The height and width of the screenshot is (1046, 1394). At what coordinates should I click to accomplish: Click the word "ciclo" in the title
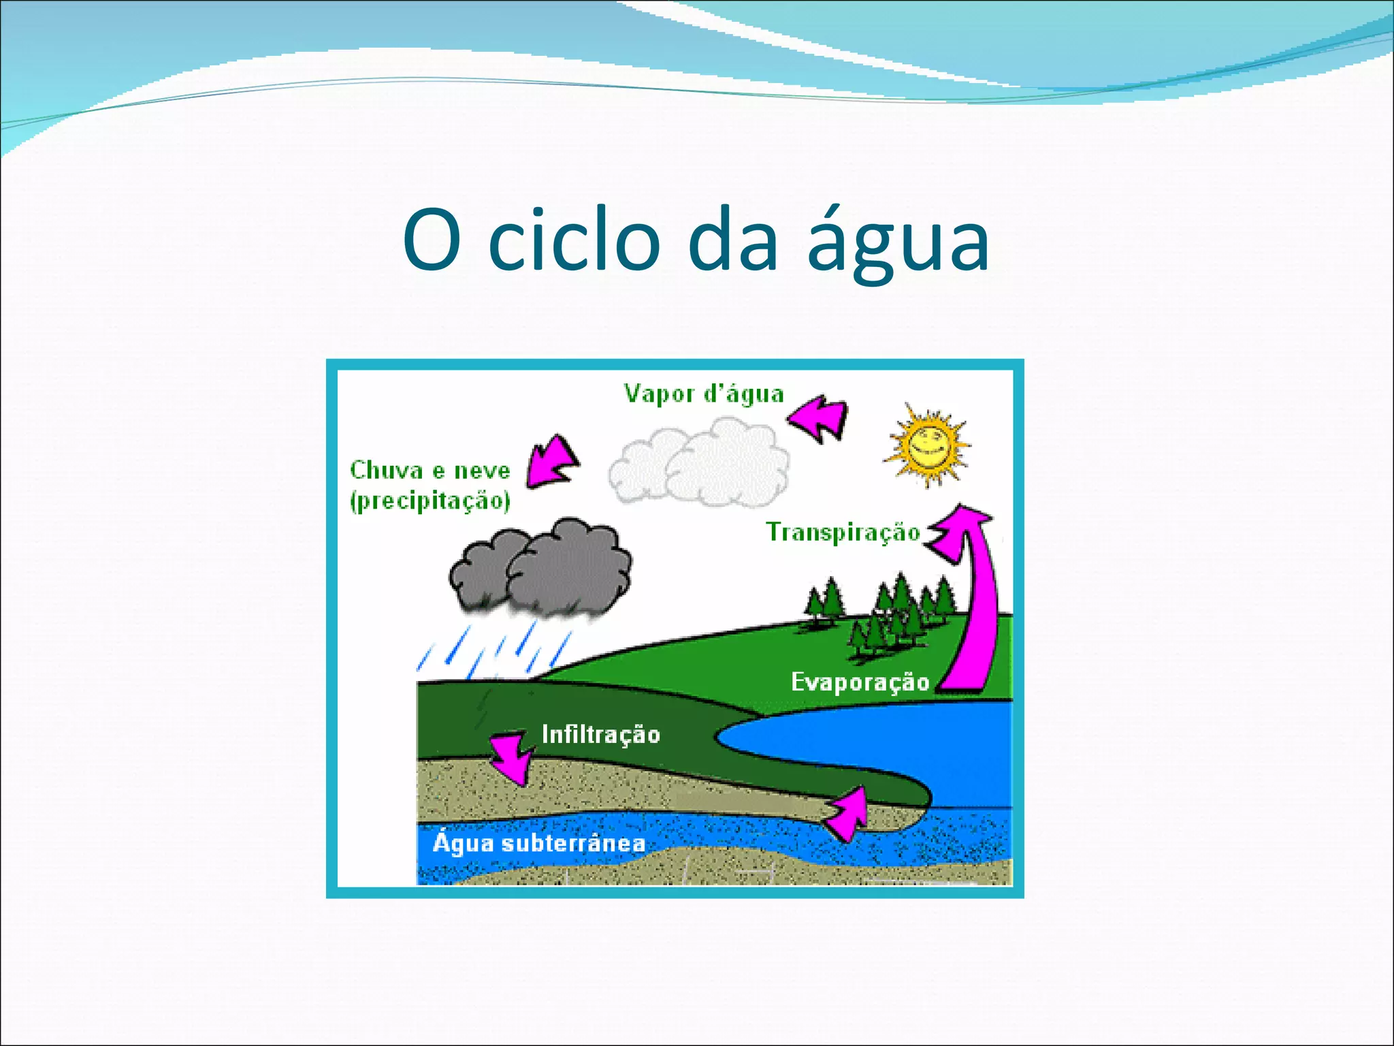pyautogui.click(x=574, y=240)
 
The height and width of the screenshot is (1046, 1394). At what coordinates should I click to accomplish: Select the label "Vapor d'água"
pyautogui.click(x=704, y=394)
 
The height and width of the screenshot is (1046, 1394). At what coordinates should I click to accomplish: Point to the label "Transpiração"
pyautogui.click(x=843, y=532)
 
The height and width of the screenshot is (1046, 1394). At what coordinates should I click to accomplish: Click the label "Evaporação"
pyautogui.click(x=860, y=682)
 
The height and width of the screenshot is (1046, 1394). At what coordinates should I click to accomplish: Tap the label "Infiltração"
pyautogui.click(x=600, y=734)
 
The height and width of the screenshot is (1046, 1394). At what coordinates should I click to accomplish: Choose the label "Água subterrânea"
pyautogui.click(x=539, y=844)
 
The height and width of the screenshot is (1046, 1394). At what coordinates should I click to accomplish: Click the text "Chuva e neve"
pyautogui.click(x=429, y=471)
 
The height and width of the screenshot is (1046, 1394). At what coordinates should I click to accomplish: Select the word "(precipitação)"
pyautogui.click(x=429, y=501)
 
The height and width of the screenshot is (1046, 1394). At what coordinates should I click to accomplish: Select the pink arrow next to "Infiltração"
pyautogui.click(x=509, y=756)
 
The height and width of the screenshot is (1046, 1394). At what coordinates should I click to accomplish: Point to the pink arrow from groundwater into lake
pyautogui.click(x=848, y=814)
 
